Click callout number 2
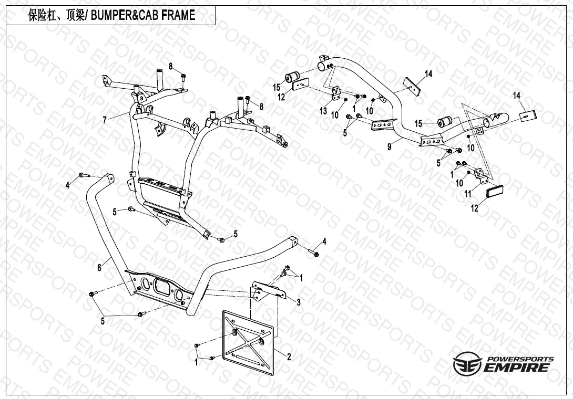click(x=289, y=356)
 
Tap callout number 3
click(x=298, y=302)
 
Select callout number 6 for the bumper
click(x=99, y=267)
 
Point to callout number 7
click(x=105, y=120)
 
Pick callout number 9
click(x=390, y=148)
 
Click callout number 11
click(x=467, y=194)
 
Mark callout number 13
click(x=323, y=111)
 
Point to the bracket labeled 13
click(x=335, y=96)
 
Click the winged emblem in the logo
click(x=466, y=364)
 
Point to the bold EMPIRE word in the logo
click(x=517, y=367)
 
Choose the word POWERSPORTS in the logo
click(x=520, y=359)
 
